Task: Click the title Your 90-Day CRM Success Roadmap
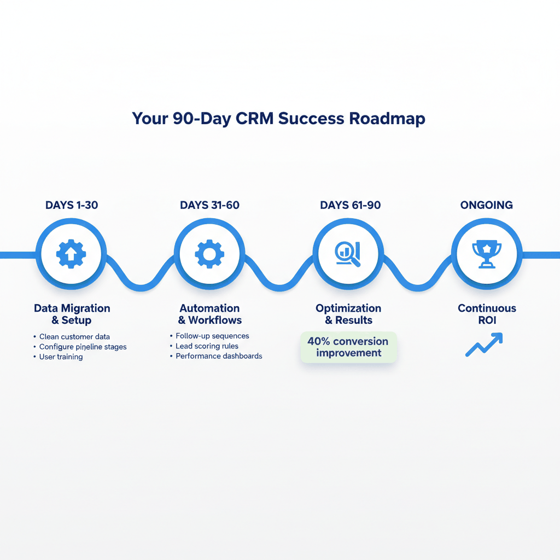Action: (x=278, y=119)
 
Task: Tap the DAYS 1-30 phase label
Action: (x=72, y=206)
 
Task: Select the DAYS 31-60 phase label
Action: (x=209, y=206)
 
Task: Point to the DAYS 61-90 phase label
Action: (x=350, y=206)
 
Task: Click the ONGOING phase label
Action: (x=486, y=206)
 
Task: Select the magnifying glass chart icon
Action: (x=348, y=253)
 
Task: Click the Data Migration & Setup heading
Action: (x=72, y=314)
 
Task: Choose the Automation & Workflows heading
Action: (x=209, y=314)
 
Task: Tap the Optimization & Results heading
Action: (x=348, y=314)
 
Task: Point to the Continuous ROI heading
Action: (x=486, y=314)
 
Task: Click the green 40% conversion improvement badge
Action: (x=348, y=347)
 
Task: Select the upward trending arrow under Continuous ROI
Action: (x=483, y=346)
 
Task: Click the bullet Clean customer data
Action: (x=74, y=337)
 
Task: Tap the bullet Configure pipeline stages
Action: (x=83, y=347)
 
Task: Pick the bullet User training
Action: (x=61, y=357)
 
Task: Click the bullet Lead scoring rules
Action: (x=207, y=346)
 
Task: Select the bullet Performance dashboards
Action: (x=219, y=356)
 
